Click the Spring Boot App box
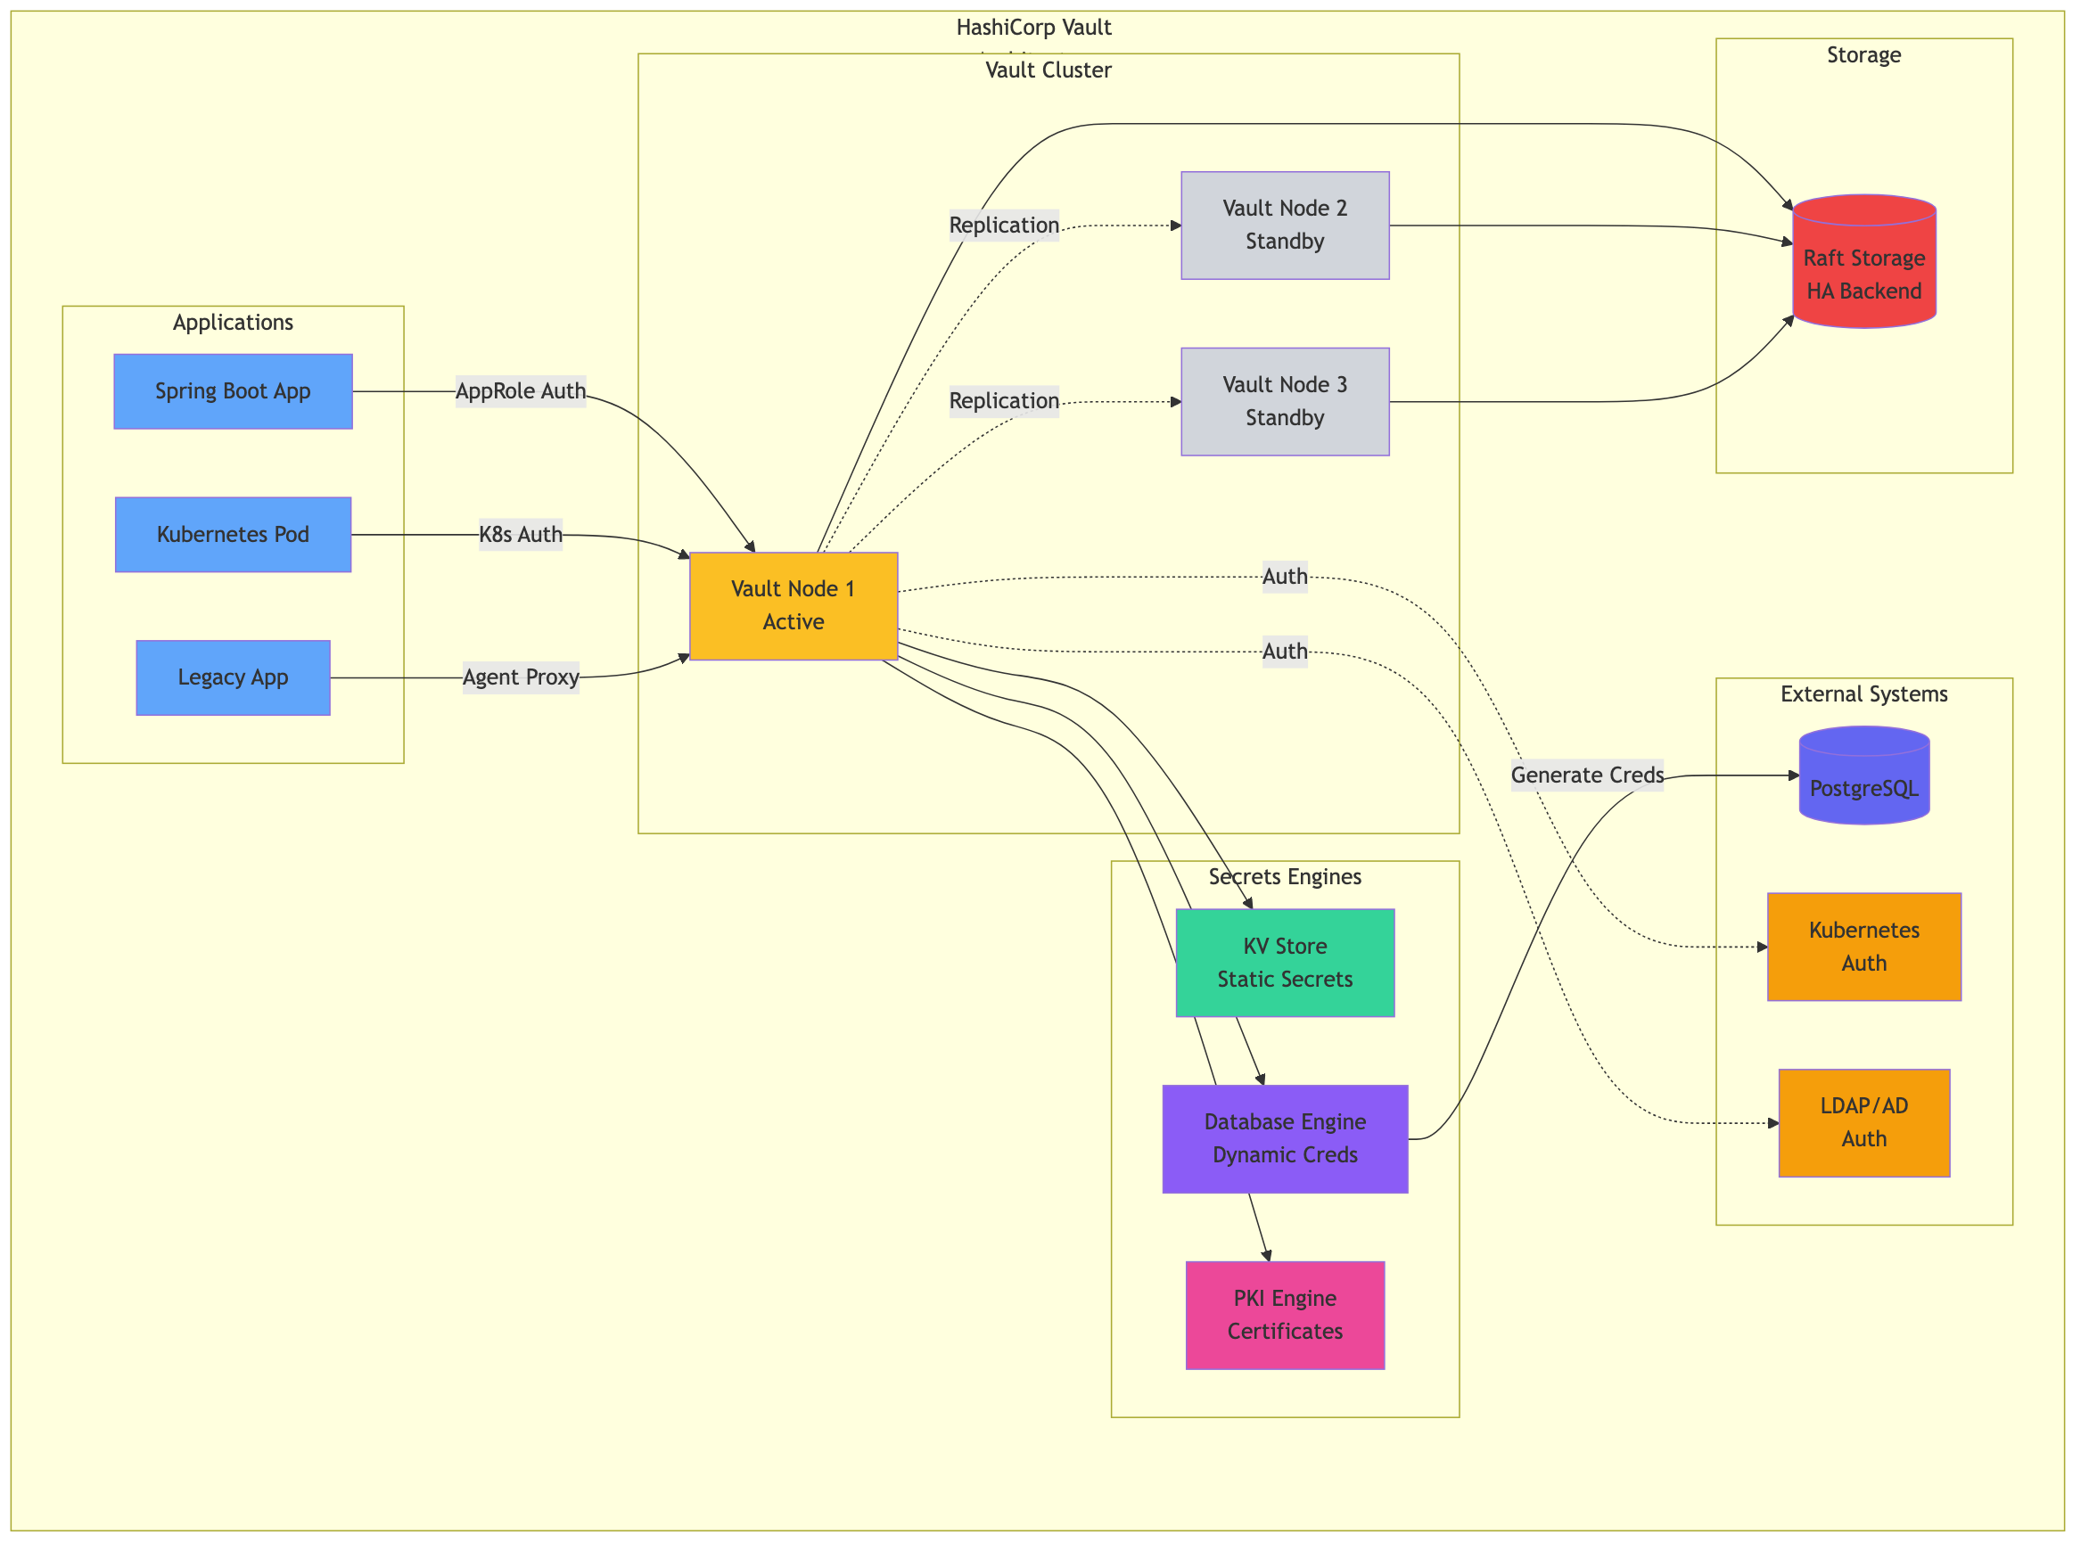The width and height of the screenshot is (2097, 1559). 233,390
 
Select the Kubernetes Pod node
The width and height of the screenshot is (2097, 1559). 233,534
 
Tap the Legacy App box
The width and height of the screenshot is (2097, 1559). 233,677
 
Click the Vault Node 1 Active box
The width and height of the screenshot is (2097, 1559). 793,605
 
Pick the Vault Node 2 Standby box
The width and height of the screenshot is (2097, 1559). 1285,225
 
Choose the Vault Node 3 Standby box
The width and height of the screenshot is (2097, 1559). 1285,401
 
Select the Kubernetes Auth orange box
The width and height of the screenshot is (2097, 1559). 1864,947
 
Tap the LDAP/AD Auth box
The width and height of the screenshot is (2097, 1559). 1864,1122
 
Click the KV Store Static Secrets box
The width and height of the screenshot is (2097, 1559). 1285,963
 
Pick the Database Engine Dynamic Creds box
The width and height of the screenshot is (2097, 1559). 1285,1138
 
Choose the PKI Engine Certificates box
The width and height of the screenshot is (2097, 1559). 1285,1315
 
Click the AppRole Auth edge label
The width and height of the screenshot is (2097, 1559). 521,390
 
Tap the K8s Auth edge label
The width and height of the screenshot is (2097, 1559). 521,534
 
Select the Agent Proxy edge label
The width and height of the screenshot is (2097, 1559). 521,677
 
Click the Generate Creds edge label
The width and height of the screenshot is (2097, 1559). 1587,775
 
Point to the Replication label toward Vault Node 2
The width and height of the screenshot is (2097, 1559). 1004,225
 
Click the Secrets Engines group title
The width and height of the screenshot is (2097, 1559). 1285,877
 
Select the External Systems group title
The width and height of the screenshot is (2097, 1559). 1864,693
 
